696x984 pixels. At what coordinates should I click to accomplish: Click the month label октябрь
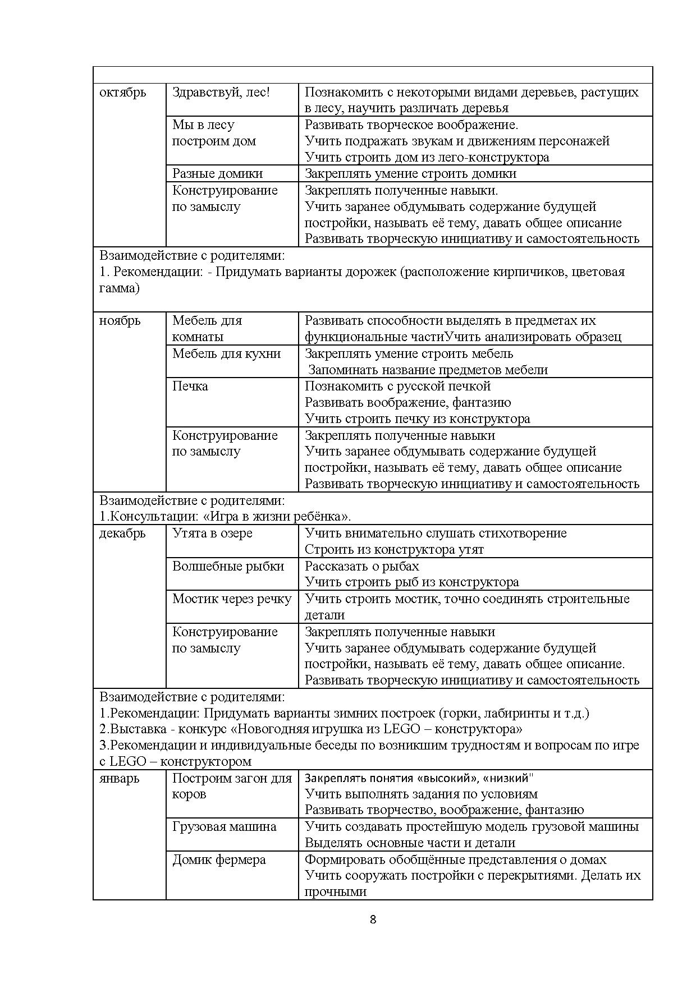(x=122, y=93)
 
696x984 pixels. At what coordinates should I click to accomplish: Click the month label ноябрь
(x=120, y=321)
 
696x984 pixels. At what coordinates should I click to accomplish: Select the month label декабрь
(x=122, y=534)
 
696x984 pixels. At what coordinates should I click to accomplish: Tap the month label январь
(x=119, y=779)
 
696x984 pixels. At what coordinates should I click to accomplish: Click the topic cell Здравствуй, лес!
(x=221, y=93)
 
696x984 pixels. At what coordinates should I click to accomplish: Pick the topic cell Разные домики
(x=217, y=174)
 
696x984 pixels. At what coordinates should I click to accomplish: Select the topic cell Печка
(x=190, y=387)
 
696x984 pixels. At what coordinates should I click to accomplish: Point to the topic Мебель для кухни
(x=226, y=354)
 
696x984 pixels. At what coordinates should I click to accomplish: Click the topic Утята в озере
(x=212, y=534)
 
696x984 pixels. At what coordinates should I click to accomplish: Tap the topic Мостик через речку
(x=232, y=599)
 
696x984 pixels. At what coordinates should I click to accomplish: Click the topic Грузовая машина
(x=224, y=827)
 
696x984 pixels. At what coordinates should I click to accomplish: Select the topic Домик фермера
(x=219, y=860)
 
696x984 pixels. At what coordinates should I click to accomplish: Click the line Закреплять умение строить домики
(x=410, y=174)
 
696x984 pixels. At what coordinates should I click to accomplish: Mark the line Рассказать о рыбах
(x=361, y=567)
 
